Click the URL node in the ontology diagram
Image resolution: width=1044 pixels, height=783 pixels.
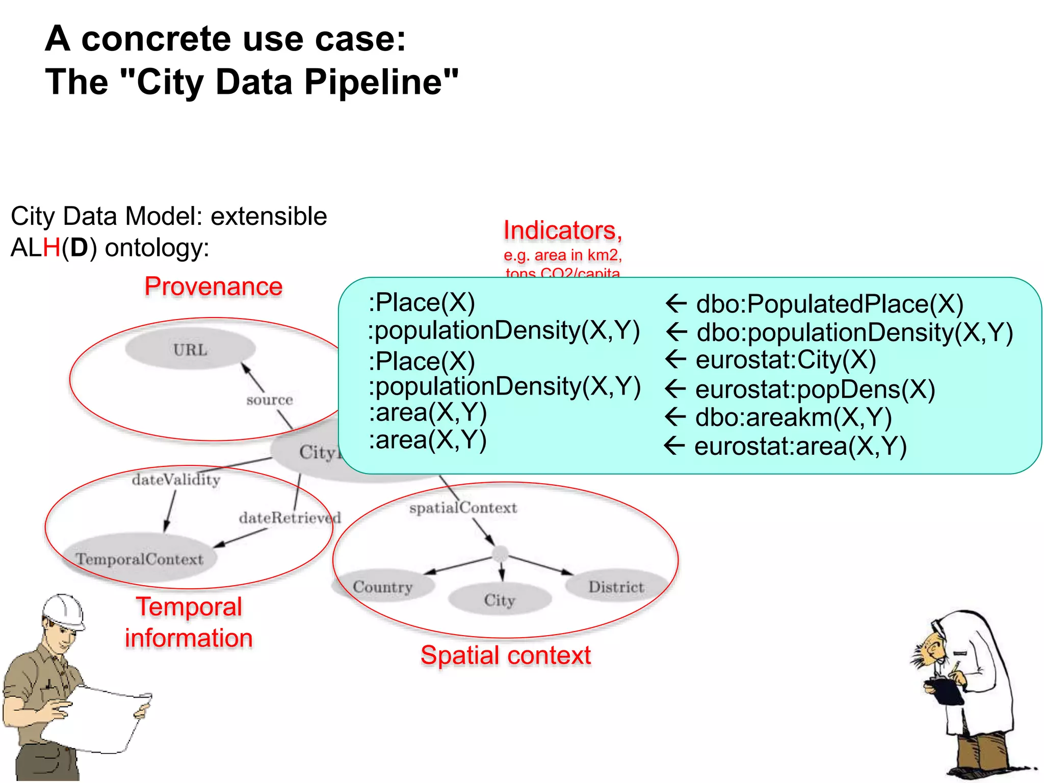point(190,350)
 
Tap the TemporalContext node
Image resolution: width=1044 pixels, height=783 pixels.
point(140,559)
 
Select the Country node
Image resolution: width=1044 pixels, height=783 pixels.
point(383,587)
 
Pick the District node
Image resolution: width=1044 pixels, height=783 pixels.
point(616,587)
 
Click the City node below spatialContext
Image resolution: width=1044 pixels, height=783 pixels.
point(500,600)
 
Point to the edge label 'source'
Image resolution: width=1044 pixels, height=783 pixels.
point(270,400)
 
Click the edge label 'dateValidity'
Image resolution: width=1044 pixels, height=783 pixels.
point(176,480)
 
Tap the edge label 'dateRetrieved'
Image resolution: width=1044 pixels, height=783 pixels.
point(290,518)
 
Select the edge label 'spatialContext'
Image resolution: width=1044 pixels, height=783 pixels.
point(463,508)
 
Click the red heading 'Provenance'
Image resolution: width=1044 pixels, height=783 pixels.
point(214,286)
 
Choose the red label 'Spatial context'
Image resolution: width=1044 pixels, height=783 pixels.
point(506,656)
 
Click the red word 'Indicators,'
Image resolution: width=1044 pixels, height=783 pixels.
point(563,230)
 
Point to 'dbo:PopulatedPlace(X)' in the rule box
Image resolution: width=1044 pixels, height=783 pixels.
point(829,304)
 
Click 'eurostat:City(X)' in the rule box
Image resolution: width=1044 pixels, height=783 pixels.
point(786,360)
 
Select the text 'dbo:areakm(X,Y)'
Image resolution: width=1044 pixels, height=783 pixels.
point(793,417)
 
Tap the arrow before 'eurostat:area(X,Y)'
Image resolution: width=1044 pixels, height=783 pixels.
point(675,446)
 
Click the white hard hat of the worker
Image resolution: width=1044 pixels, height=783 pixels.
point(63,611)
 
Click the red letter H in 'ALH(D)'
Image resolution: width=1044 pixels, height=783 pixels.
point(51,248)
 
